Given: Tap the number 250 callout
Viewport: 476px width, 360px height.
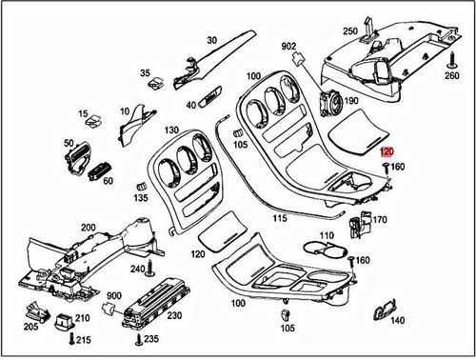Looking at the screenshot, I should (350, 31).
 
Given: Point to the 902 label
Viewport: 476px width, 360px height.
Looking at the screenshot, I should (289, 45).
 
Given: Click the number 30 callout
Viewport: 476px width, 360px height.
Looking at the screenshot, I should (212, 40).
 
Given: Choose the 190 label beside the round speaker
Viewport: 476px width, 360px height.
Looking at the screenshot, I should (351, 101).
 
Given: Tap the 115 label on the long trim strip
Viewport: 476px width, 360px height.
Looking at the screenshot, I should (279, 218).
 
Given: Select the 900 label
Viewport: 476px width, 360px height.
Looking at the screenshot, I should (114, 296).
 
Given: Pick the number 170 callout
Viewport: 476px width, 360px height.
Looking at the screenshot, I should (381, 220).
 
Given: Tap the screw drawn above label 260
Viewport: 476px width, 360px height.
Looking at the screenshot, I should (451, 55).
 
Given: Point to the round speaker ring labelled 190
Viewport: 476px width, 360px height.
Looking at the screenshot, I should (330, 101).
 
